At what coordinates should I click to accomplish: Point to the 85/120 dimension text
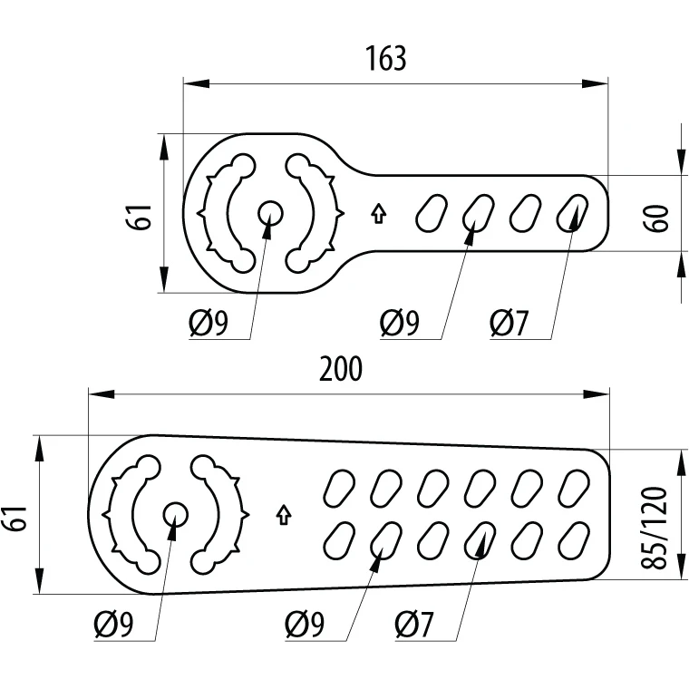click(660, 529)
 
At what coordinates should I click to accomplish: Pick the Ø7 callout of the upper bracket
click(509, 323)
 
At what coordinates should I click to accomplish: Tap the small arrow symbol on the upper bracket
click(379, 214)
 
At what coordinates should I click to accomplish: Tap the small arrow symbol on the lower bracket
click(283, 515)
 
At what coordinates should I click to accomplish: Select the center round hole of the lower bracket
click(175, 515)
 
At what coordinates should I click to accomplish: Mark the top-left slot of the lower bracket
click(340, 487)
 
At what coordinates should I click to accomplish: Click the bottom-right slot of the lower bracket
click(574, 541)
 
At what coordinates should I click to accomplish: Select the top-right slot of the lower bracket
click(574, 487)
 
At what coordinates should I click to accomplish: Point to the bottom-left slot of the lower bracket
click(340, 541)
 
